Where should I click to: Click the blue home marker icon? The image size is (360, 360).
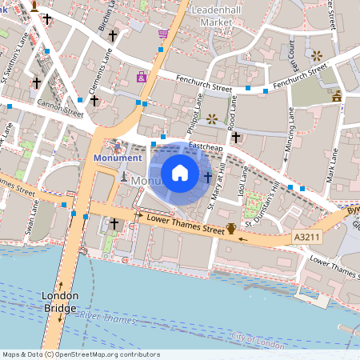pyautogui.click(x=180, y=172)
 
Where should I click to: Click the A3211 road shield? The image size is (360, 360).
pyautogui.click(x=308, y=237)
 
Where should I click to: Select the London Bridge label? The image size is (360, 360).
pyautogui.click(x=60, y=302)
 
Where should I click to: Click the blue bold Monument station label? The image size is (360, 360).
pyautogui.click(x=118, y=158)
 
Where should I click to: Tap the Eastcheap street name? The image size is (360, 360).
pyautogui.click(x=206, y=148)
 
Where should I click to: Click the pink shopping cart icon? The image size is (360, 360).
pyautogui.click(x=163, y=34)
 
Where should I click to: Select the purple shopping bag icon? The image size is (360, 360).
pyautogui.click(x=142, y=78)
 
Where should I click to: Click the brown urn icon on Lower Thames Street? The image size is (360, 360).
pyautogui.click(x=231, y=229)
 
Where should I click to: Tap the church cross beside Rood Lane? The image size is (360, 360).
pyautogui.click(x=235, y=138)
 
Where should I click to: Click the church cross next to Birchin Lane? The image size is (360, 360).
pyautogui.click(x=113, y=36)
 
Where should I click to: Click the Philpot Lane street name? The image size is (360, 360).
pyautogui.click(x=196, y=112)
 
